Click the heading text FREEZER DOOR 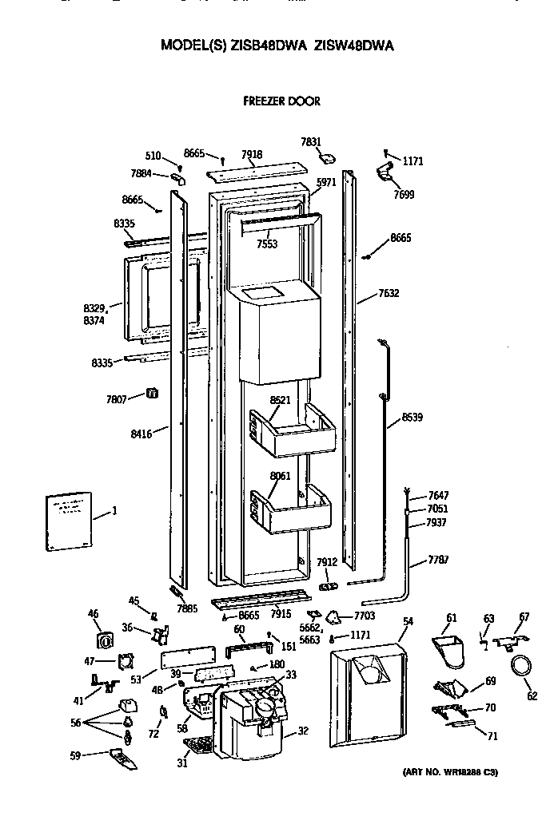281,101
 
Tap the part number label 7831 311,142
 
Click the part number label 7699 403,194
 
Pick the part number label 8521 280,399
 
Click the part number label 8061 280,477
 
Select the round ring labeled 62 520,667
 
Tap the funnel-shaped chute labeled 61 449,642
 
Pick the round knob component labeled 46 104,640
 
